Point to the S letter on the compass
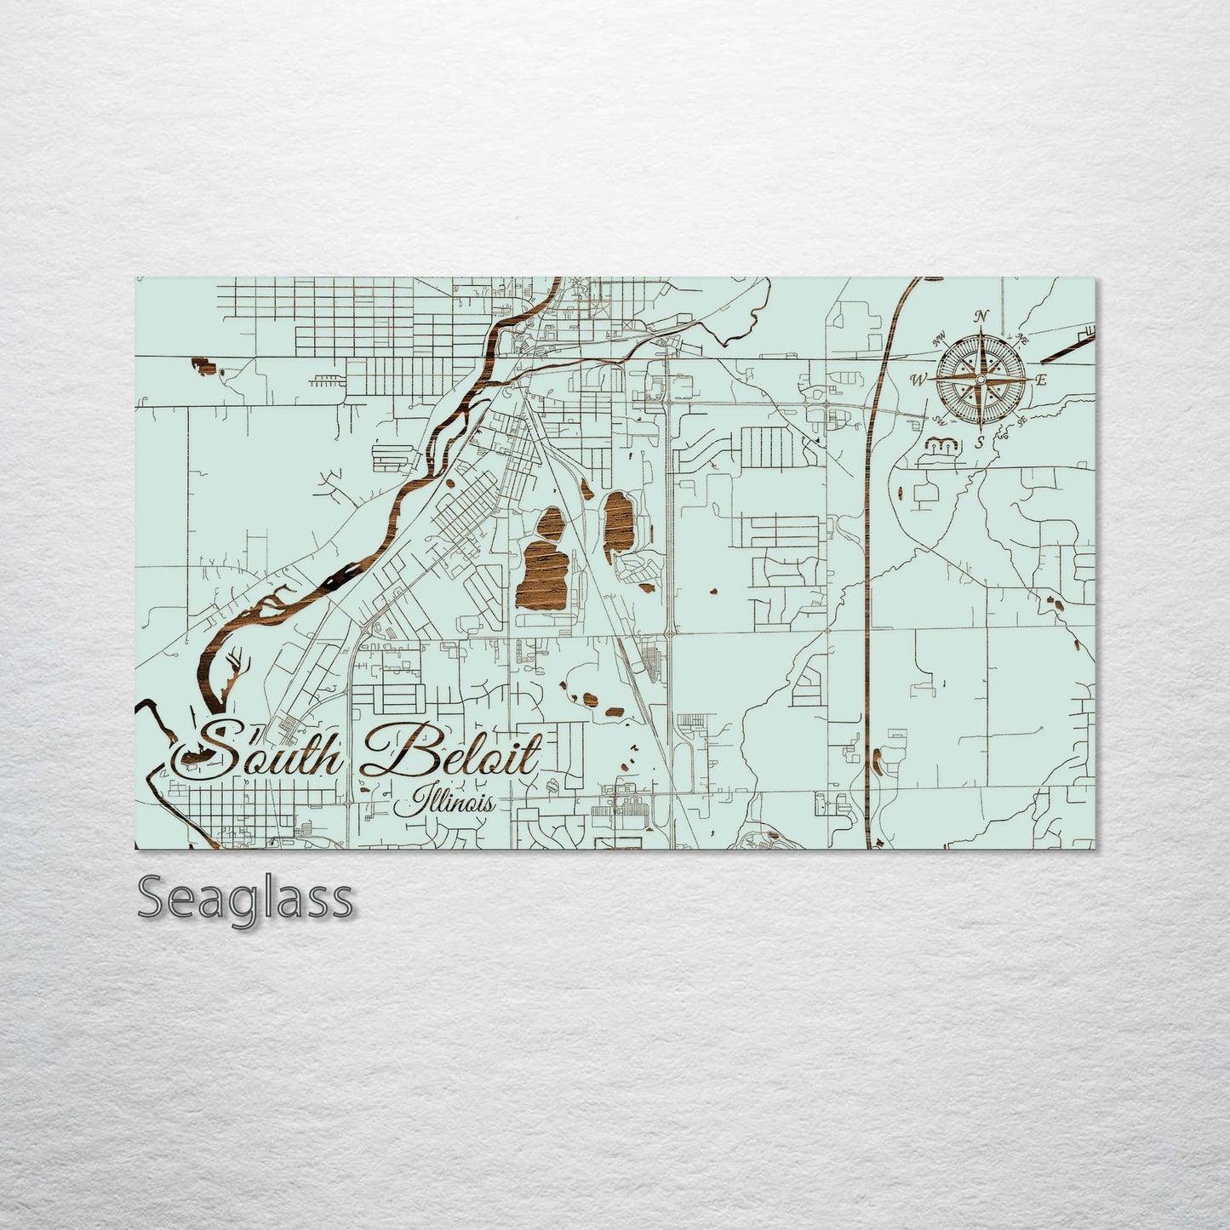pyautogui.click(x=980, y=441)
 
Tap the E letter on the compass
pyautogui.click(x=1041, y=380)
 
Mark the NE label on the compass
pyautogui.click(x=1021, y=340)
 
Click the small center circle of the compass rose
pyautogui.click(x=981, y=379)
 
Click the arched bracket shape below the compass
pyautogui.click(x=941, y=444)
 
